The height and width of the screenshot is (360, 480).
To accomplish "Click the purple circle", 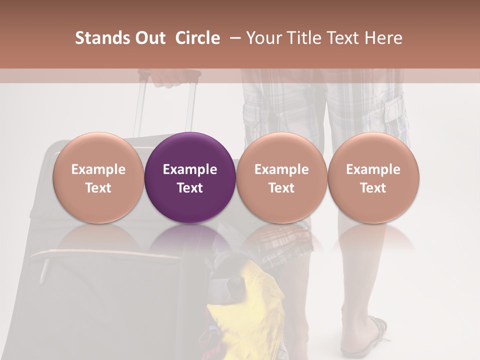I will click(190, 177).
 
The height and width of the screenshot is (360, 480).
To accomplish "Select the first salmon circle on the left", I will click(98, 177).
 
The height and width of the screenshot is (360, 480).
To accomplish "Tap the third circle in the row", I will click(281, 177).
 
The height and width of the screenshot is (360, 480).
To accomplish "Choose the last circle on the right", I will click(373, 177).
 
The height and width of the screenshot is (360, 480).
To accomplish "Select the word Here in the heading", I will click(383, 38).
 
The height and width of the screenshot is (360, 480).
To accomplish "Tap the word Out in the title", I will click(149, 38).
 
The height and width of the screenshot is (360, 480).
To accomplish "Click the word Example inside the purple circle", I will click(190, 169).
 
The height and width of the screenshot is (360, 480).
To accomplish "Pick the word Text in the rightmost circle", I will click(373, 188).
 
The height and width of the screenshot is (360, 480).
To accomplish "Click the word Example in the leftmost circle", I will click(98, 169).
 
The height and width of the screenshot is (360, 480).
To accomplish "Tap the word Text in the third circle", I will click(281, 188).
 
